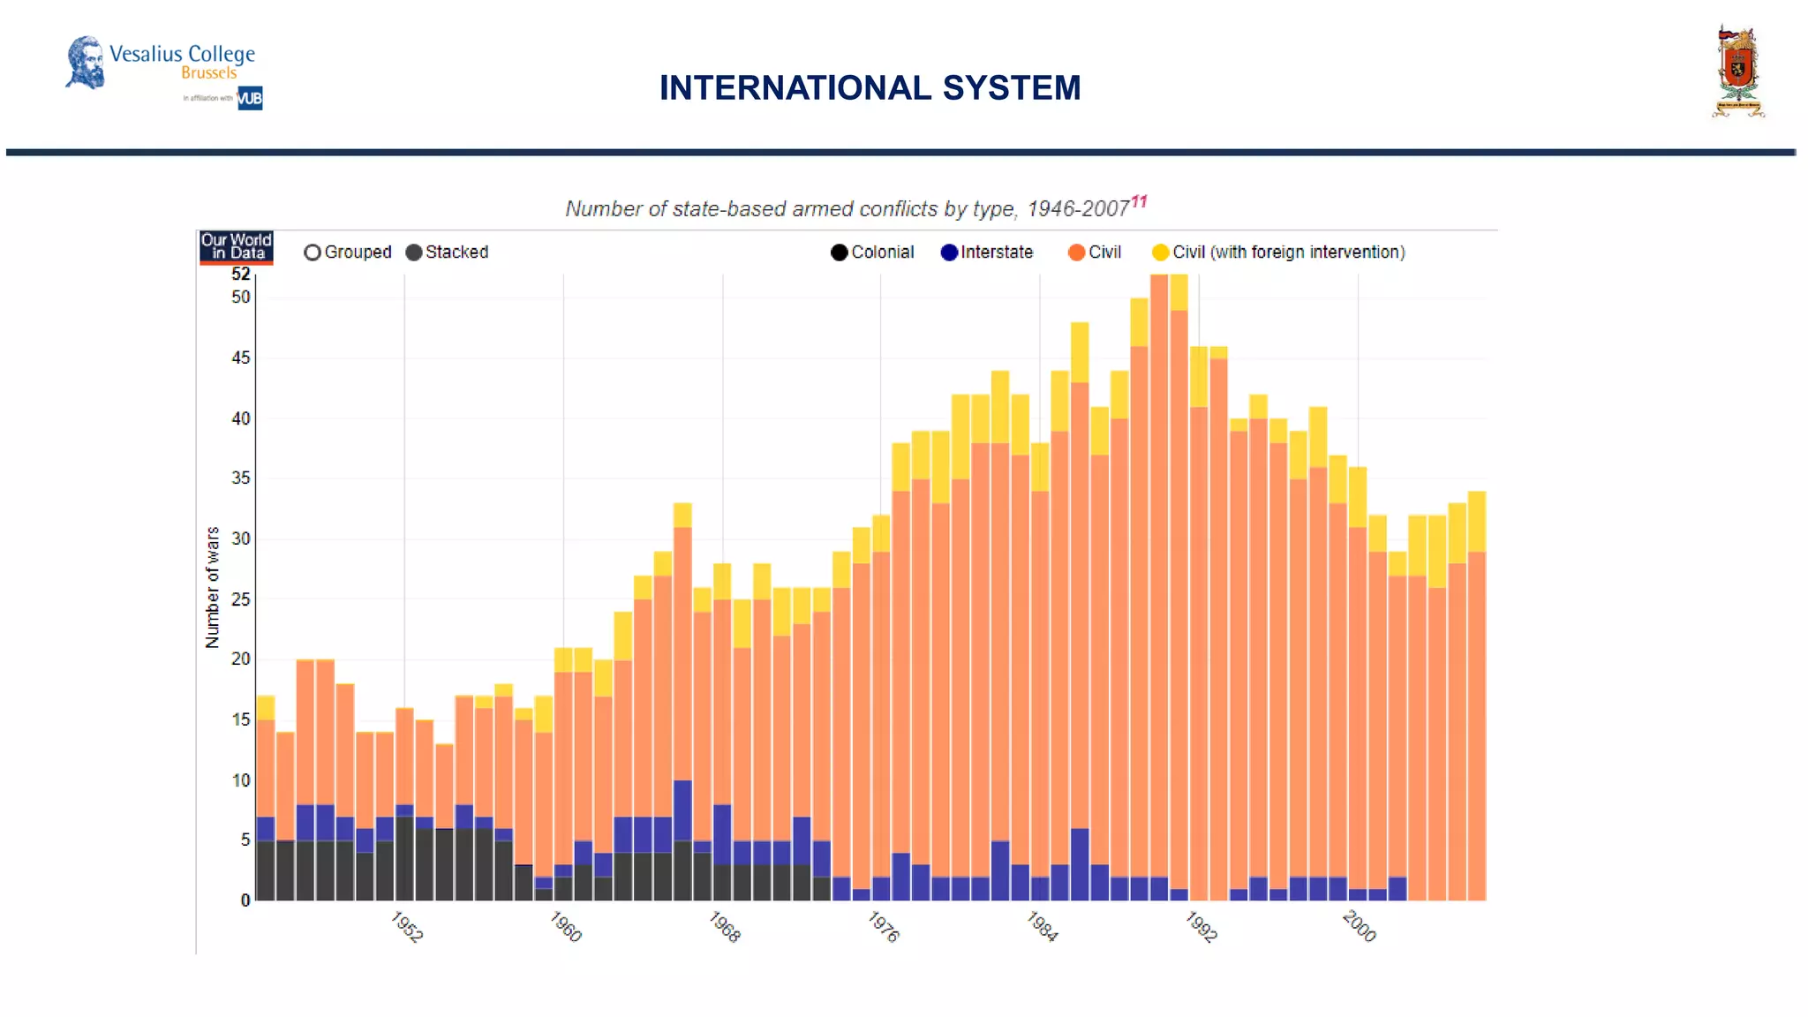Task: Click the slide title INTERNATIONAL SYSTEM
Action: click(870, 88)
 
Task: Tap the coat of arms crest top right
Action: click(1737, 72)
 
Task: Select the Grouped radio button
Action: click(313, 252)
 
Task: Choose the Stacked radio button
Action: click(414, 252)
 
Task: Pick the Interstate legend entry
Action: click(986, 252)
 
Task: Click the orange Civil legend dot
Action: click(1076, 252)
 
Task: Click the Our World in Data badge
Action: click(236, 246)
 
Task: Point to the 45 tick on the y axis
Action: click(241, 358)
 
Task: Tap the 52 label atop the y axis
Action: click(241, 275)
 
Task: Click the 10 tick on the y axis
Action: click(241, 780)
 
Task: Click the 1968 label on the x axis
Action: click(724, 927)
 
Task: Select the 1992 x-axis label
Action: click(1201, 927)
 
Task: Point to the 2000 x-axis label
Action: click(1359, 927)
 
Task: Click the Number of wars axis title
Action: click(212, 588)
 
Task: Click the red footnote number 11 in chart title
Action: click(1139, 201)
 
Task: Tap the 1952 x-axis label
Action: click(406, 927)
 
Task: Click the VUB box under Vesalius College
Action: click(250, 98)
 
